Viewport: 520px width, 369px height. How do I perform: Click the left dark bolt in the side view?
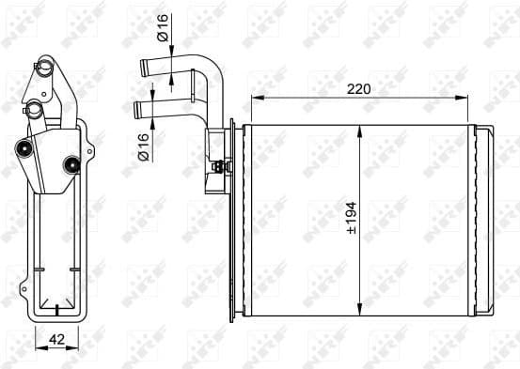click(x=22, y=148)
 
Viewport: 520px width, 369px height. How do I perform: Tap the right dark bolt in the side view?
click(x=69, y=165)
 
